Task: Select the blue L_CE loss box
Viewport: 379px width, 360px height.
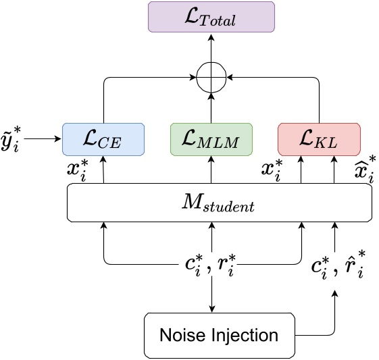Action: tap(103, 140)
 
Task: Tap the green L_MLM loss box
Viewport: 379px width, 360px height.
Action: tap(211, 140)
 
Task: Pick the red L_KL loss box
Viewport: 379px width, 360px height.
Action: tap(318, 140)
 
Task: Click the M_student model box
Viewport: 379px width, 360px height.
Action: tap(220, 202)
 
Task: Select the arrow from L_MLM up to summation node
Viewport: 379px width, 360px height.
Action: tap(211, 108)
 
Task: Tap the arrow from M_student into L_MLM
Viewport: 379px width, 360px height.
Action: tap(211, 170)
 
